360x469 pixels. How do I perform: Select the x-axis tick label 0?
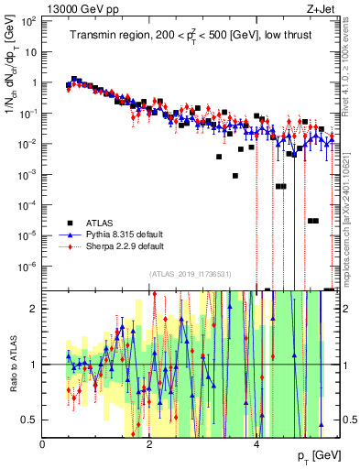42,442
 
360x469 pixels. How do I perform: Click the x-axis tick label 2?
149,442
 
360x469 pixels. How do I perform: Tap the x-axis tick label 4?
256,442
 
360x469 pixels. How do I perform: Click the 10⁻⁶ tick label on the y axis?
27,267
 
